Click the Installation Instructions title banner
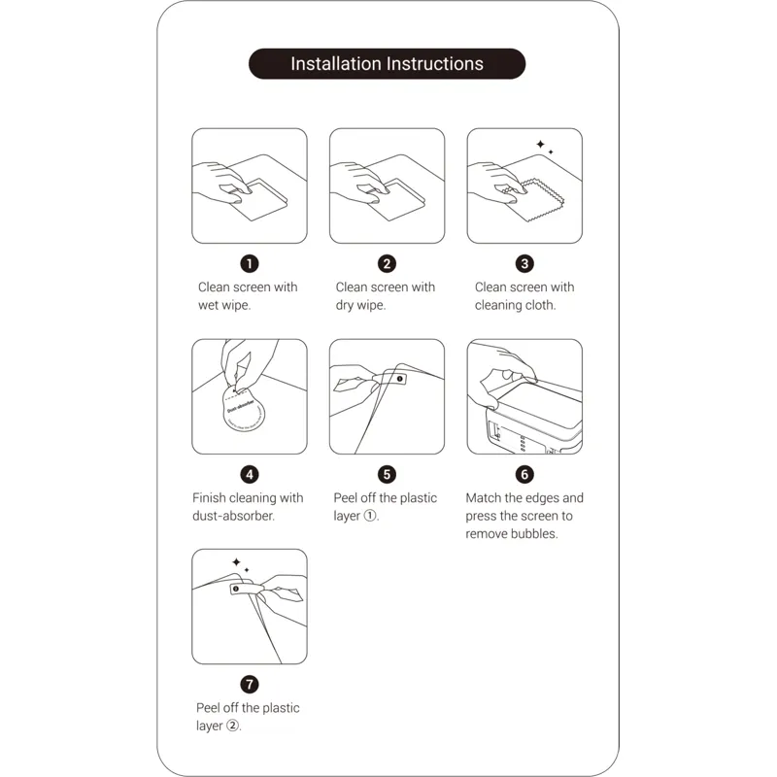pos(387,63)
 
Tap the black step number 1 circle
pos(250,263)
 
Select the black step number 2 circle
pos(387,263)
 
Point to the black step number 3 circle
pos(524,263)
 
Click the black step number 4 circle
pos(250,475)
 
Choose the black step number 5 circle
pos(387,475)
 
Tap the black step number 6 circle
pos(524,475)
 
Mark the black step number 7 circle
pos(250,685)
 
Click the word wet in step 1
pos(209,305)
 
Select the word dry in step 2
pos(345,306)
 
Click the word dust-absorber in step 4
pos(233,516)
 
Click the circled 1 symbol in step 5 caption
pos(370,516)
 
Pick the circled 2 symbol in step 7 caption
pos(232,726)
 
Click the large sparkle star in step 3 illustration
pos(541,144)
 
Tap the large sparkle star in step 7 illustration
pos(236,562)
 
